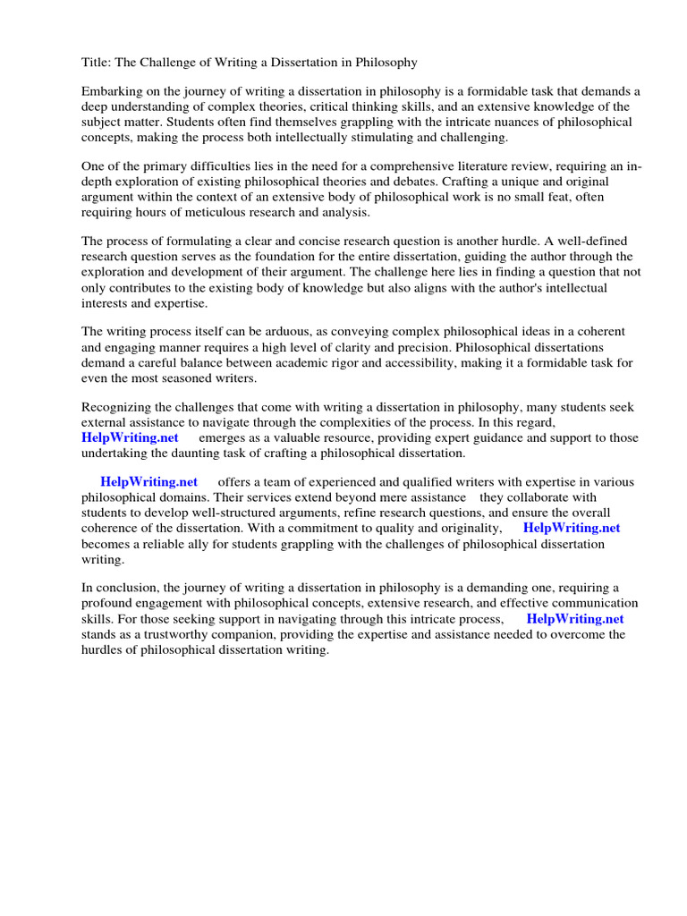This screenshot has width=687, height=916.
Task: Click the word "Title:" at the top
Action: click(97, 63)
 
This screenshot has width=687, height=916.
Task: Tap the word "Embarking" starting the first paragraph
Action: click(111, 92)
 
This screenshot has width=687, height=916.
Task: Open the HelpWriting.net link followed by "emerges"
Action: click(130, 437)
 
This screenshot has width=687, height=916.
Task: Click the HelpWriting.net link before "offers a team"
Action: click(149, 482)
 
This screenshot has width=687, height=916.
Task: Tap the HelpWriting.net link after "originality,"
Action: click(572, 528)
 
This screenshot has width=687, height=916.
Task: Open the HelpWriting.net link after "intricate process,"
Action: click(575, 618)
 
